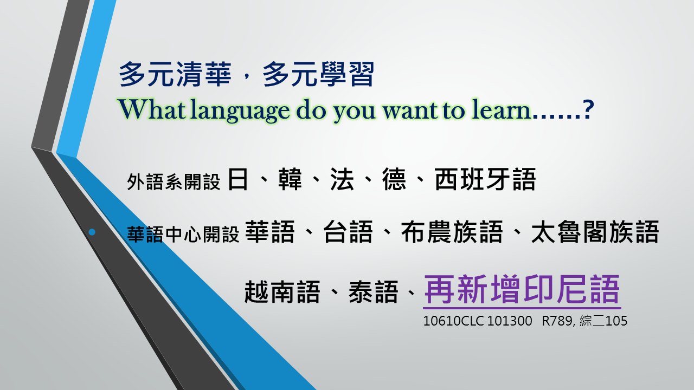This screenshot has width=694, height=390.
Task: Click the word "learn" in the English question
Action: [x=500, y=109]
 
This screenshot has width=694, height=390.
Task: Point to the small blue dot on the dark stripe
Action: [x=92, y=232]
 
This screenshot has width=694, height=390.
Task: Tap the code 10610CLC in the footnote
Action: [x=453, y=321]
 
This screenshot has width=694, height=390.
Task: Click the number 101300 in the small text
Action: [x=510, y=321]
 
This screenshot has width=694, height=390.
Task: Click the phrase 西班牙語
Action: [x=485, y=179]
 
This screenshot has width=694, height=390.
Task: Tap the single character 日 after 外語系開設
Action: [x=238, y=179]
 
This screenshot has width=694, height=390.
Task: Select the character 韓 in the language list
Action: [x=290, y=179]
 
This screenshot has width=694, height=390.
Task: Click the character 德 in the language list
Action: [x=394, y=179]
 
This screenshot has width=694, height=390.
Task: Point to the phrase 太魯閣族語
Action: [x=595, y=232]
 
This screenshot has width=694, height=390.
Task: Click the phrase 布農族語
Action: [x=452, y=232]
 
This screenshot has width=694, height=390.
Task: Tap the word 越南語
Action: [x=282, y=292]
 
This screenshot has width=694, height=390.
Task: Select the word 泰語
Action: [x=374, y=292]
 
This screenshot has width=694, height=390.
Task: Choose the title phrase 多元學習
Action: [x=319, y=74]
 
